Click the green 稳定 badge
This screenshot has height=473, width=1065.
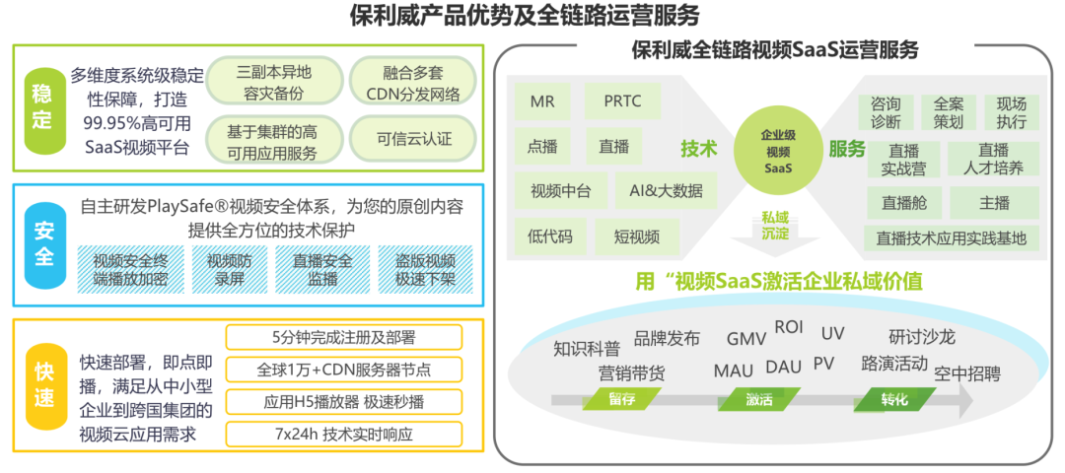[41, 107]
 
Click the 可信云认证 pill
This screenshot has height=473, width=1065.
[414, 138]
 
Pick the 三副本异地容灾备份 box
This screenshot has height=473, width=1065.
[274, 83]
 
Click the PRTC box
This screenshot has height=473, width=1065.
[622, 101]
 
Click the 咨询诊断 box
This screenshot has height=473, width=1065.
[885, 112]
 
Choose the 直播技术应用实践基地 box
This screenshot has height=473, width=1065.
[951, 237]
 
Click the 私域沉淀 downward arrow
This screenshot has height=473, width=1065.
[776, 232]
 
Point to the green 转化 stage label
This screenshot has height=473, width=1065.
[894, 399]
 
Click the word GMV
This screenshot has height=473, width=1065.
[746, 339]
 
